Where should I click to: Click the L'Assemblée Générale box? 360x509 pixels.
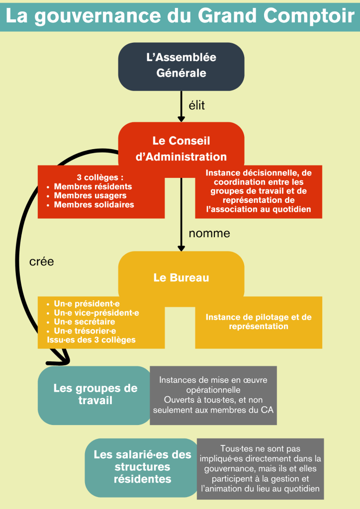pos(181,65)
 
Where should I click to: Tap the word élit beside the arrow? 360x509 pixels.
pos(197,105)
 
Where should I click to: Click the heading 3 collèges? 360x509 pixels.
pos(100,177)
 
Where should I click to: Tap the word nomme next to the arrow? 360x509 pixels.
pos(209,233)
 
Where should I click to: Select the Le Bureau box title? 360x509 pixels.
pos(181,278)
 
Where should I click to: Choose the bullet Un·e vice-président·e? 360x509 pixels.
pos(96,313)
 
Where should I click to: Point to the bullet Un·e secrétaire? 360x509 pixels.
pos(84,322)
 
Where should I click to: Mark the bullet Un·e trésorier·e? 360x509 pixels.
pos(85,331)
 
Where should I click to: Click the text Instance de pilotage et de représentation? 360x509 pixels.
pos(259,322)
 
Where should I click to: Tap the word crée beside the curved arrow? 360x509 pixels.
pos(42,262)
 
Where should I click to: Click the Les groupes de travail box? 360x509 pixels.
pos(95,394)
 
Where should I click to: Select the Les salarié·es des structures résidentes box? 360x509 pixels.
pos(142,467)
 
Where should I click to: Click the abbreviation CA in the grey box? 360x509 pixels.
pos(267,410)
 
